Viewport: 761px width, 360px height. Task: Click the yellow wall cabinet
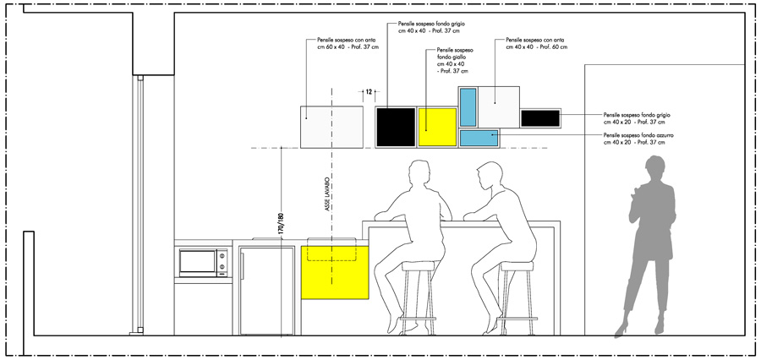[436, 127]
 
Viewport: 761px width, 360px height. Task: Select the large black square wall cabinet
[396, 127]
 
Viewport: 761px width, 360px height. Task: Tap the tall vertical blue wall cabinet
[468, 106]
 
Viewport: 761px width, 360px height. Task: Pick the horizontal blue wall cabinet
[479, 137]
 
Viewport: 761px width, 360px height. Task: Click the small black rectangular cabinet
[540, 118]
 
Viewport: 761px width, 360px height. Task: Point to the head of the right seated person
[488, 178]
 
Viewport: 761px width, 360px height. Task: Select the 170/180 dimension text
[281, 222]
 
